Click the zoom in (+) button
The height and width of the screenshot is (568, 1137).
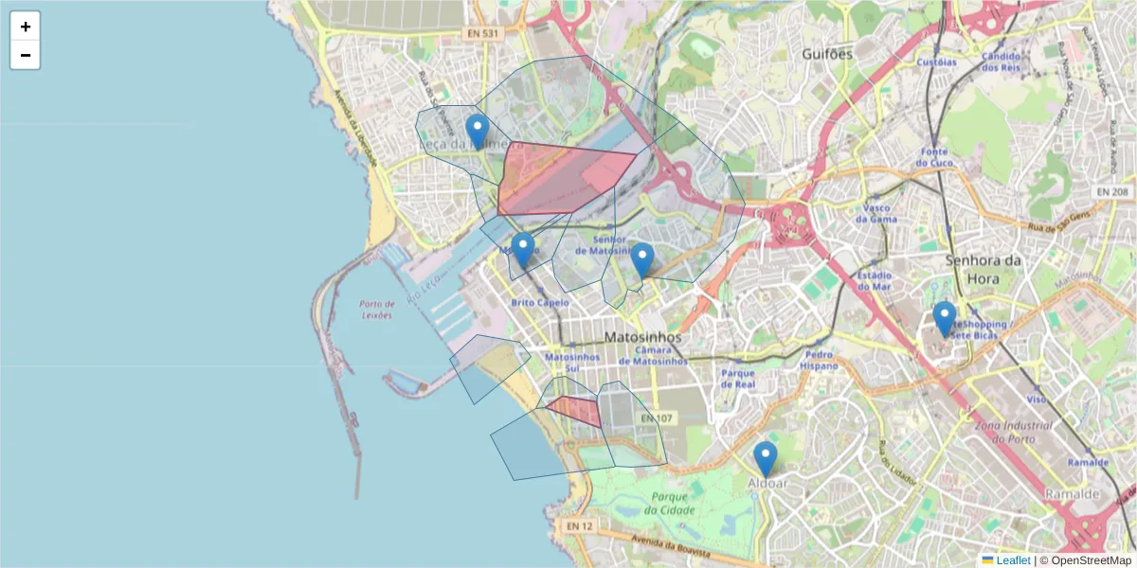tap(26, 27)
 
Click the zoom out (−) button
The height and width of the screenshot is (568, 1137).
tap(26, 55)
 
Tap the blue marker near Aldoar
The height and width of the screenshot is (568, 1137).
tap(766, 458)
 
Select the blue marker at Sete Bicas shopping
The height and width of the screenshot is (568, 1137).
tap(944, 318)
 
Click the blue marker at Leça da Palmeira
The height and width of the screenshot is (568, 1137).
tap(478, 132)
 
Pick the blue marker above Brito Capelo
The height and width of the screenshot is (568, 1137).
tap(523, 250)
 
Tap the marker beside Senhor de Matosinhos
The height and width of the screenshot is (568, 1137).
tap(642, 259)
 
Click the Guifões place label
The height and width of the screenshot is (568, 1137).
tap(827, 54)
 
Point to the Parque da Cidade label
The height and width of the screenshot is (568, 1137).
tap(669, 505)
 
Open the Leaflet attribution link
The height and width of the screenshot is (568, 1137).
tap(1013, 559)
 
